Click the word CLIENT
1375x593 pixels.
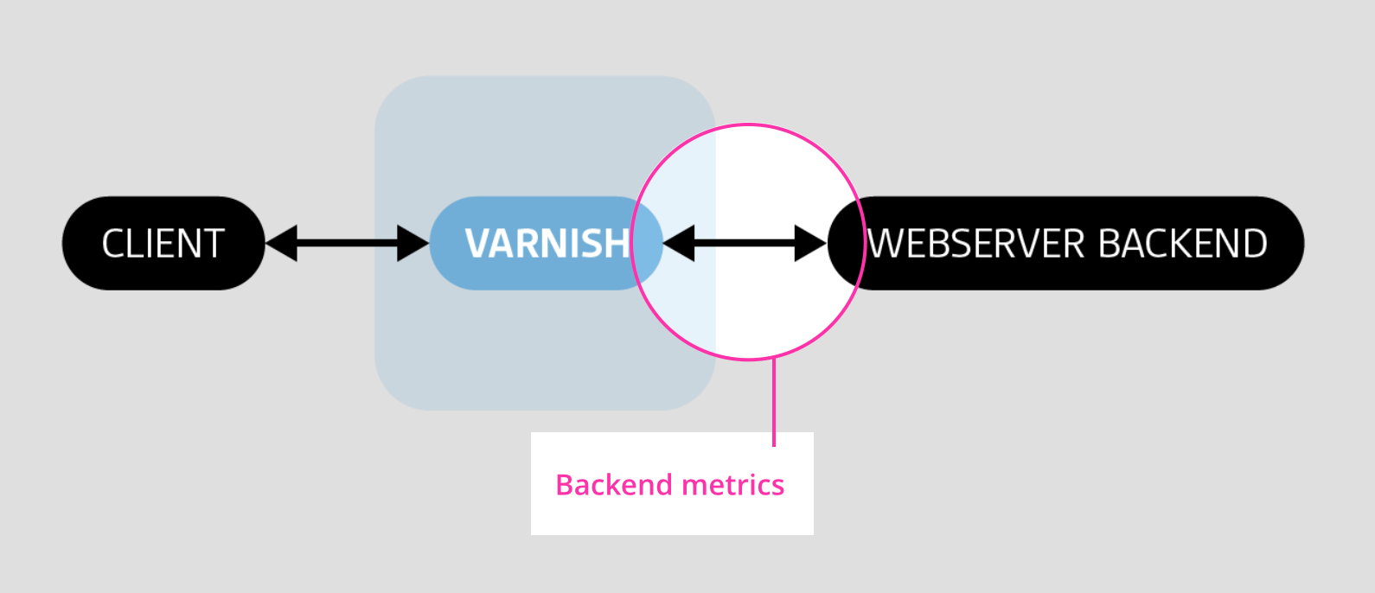pos(163,244)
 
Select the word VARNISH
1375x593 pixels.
pos(547,244)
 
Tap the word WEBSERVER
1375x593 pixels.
pos(975,244)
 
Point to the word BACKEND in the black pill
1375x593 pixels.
pos(1183,244)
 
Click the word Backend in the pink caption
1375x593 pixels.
pos(613,485)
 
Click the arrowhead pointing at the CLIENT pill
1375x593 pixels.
pos(282,243)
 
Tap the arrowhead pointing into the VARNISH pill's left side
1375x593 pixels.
pos(412,243)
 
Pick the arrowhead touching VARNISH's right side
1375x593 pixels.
pos(680,243)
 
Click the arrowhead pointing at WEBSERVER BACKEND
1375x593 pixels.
pos(810,243)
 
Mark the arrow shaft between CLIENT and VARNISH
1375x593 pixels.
pos(347,243)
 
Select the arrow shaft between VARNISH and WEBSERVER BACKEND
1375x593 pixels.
pos(745,243)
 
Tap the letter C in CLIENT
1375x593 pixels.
pos(113,244)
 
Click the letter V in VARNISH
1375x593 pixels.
pos(478,244)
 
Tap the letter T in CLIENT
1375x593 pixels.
pos(214,244)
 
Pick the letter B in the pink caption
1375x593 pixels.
pos(565,485)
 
